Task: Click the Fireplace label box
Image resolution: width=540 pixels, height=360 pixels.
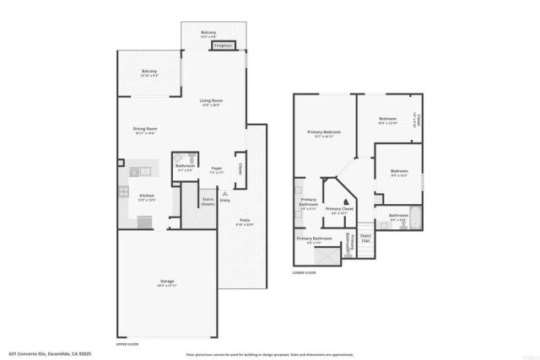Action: pos(223,46)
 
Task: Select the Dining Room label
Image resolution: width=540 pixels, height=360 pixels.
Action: pos(146,131)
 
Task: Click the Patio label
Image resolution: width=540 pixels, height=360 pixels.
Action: pos(243,222)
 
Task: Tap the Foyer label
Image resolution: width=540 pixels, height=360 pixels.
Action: pos(216,169)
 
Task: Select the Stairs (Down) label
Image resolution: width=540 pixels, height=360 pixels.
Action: pos(208,202)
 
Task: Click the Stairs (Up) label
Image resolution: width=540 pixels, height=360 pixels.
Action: pos(364,239)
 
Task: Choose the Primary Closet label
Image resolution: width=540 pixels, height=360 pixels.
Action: pos(339,210)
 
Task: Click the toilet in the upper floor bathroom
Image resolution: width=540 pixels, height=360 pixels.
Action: pos(192,158)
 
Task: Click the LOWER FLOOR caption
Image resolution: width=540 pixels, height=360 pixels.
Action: pos(305,273)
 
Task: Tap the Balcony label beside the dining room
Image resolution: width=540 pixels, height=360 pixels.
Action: pos(149,72)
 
